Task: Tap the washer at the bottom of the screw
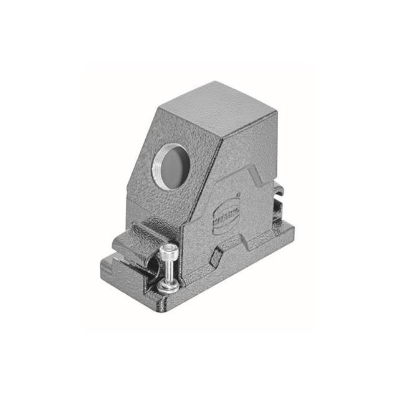(x=168, y=286)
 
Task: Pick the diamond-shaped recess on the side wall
(x=216, y=257)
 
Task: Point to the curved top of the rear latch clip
(x=278, y=186)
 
